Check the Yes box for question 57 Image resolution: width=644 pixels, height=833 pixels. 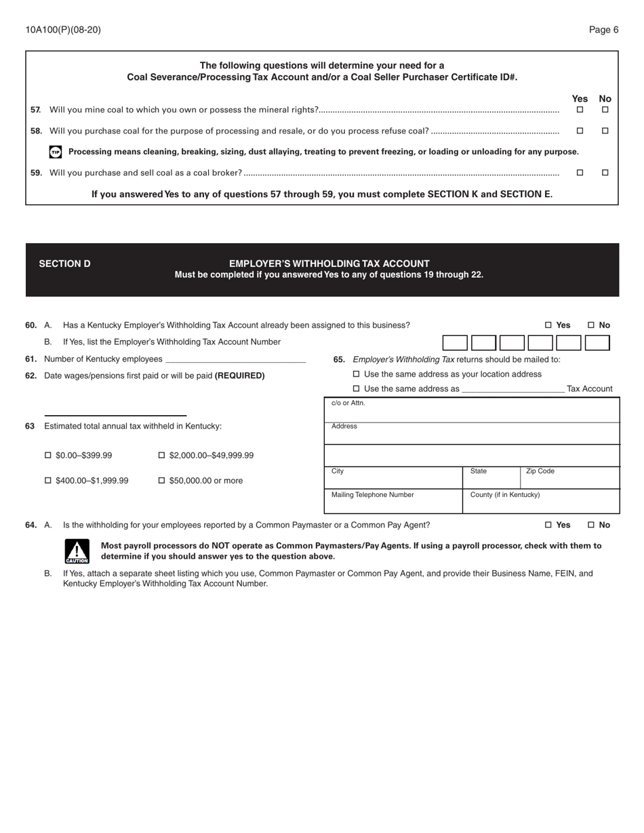pos(580,110)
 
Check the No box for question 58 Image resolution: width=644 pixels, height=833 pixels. pos(605,131)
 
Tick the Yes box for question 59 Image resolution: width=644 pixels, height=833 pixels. pos(580,173)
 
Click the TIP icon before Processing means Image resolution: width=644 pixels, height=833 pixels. pos(56,152)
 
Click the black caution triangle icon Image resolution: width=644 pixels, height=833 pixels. pos(77,551)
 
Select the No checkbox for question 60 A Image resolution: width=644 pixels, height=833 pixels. pos(591,325)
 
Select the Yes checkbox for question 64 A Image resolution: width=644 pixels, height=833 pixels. pos(548,525)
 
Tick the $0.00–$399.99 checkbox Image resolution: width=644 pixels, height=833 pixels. pos(48,455)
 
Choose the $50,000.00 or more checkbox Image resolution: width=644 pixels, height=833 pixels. pos(161,480)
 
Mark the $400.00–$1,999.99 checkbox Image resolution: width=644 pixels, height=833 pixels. pos(48,480)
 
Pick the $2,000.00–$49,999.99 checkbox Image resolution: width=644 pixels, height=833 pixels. pos(161,455)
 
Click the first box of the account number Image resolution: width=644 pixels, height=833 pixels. pos(455,343)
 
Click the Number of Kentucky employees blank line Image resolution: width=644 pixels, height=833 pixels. pos(235,359)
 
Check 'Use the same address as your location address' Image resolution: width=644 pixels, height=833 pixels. pos(357,374)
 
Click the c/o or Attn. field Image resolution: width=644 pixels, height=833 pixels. pos(472,412)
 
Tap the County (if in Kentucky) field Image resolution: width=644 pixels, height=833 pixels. pos(541,503)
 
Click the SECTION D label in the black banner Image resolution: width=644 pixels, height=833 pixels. pos(64,263)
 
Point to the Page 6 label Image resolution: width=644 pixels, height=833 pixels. pos(603,30)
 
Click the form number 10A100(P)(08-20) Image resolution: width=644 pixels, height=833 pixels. pos(63,30)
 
